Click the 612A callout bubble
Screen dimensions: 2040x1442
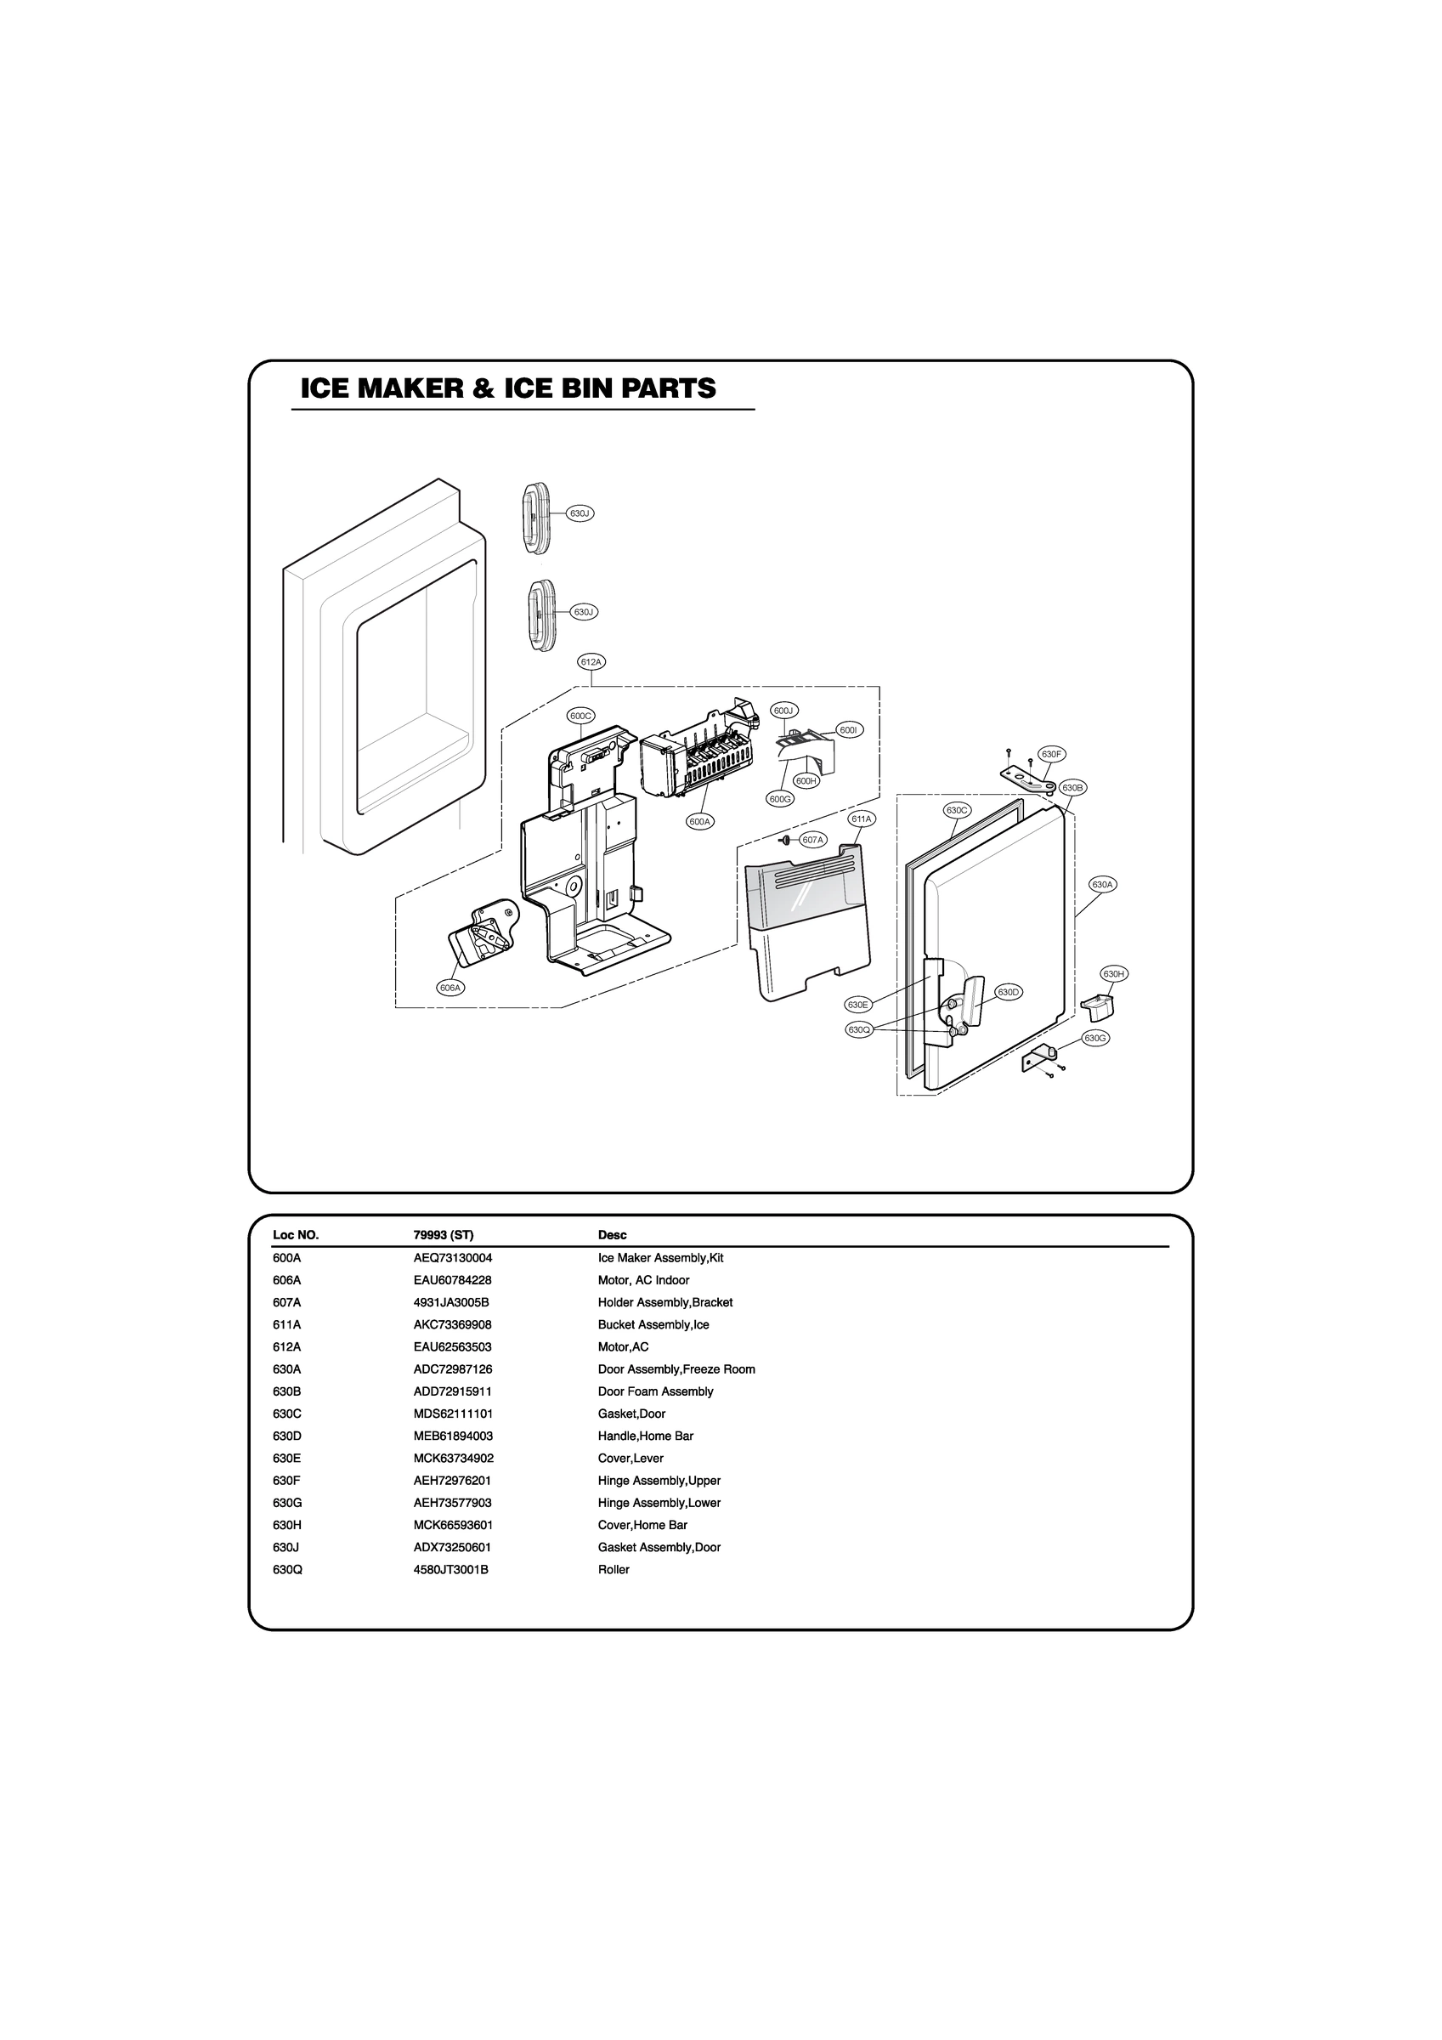591,662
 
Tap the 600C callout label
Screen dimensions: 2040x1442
581,715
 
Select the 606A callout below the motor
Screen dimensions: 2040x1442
451,987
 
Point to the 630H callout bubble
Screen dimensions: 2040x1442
1114,974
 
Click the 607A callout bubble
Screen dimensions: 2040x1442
813,840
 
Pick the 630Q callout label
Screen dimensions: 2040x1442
857,1028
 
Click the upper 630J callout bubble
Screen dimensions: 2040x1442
580,513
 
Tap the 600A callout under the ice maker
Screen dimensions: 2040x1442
700,822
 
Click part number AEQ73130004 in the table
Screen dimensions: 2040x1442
452,1258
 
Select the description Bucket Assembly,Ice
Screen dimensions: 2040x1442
653,1325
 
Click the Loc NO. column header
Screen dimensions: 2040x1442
295,1235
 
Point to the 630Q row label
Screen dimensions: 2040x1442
288,1570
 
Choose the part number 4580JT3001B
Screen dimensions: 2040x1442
450,1570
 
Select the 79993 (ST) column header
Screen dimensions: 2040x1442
444,1235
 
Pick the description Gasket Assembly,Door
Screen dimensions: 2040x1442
659,1548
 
